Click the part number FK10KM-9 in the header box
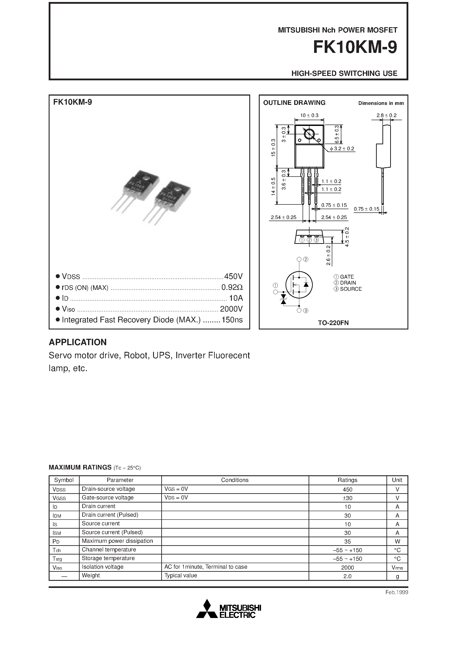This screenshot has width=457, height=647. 355,47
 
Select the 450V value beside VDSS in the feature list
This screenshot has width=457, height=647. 233,276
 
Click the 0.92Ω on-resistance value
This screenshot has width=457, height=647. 232,287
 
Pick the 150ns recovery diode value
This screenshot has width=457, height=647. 232,320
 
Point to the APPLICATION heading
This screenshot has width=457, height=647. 78,342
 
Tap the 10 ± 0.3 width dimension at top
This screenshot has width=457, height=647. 309,115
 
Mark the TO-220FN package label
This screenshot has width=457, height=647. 333,323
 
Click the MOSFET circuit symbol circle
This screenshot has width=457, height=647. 299,285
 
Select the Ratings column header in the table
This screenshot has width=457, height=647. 348,480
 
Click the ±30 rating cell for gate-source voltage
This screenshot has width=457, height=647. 348,498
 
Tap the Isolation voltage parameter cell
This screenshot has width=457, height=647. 103,567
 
